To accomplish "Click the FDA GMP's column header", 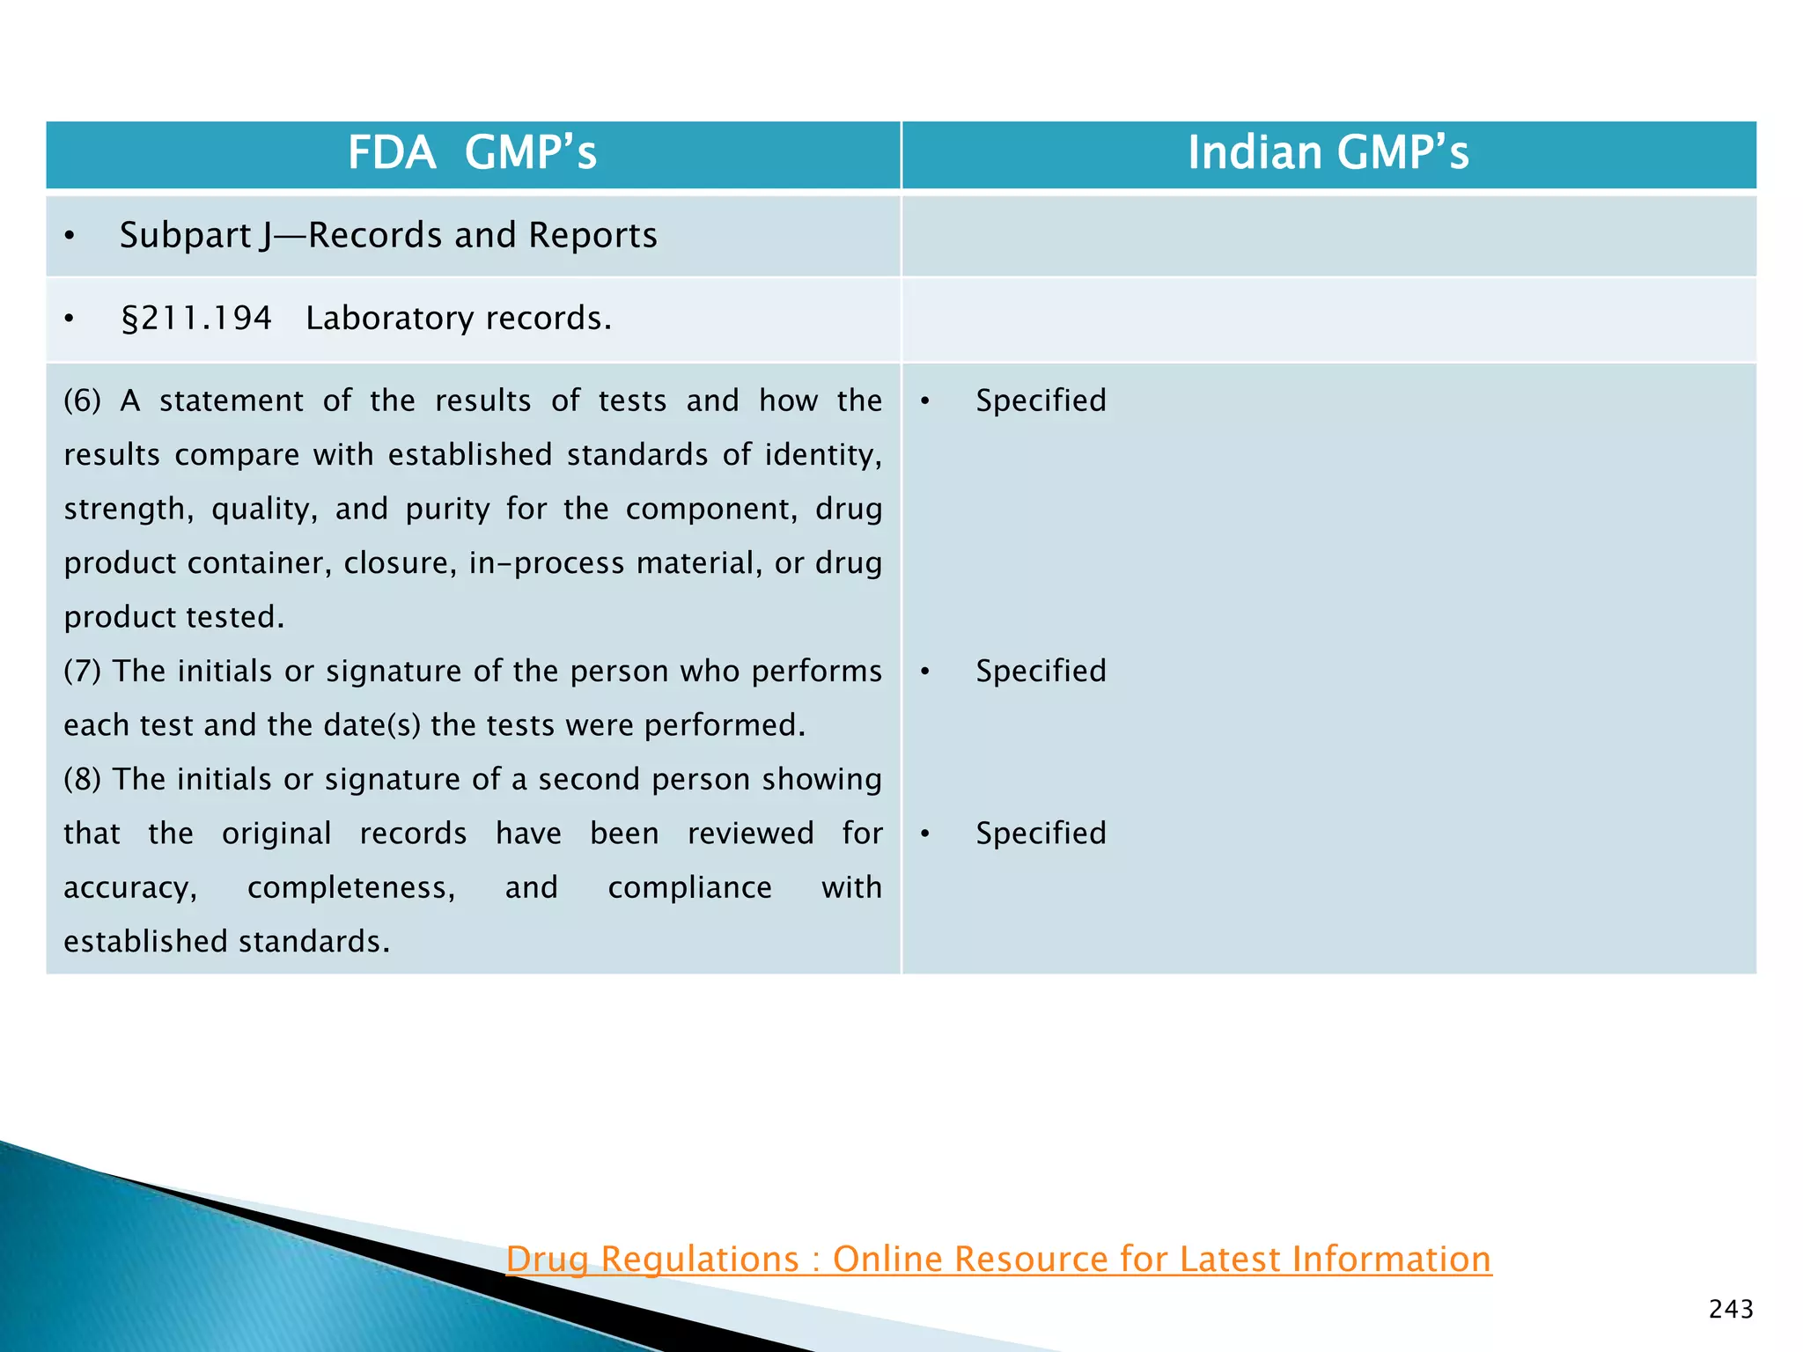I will [472, 153].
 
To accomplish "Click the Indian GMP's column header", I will [1328, 153].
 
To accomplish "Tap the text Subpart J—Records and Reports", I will [388, 236].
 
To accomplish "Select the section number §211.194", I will [196, 319].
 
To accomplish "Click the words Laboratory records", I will [458, 319].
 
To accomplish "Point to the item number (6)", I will [83, 401].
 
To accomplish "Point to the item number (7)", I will [83, 672].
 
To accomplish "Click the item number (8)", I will [83, 780].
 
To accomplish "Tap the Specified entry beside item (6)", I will [1041, 401].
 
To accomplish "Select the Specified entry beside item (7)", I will [1041, 672].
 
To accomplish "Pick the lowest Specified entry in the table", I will [1041, 834].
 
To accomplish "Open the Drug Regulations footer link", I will [998, 1260].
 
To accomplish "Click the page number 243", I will [1731, 1310].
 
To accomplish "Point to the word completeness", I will [351, 888].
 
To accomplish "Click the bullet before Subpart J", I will [70, 237].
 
